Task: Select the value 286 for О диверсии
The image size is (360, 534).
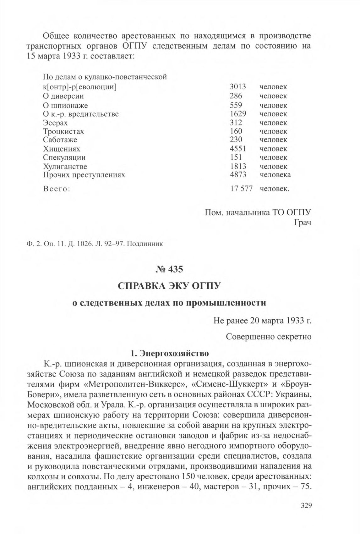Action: pyautogui.click(x=236, y=96)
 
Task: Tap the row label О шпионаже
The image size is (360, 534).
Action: pyautogui.click(x=65, y=105)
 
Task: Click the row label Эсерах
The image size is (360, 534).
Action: pyautogui.click(x=55, y=123)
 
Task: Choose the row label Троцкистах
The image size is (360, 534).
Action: pyautogui.click(x=63, y=131)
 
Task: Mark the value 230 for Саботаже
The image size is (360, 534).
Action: pyautogui.click(x=236, y=140)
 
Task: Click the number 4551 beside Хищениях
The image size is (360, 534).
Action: pyautogui.click(x=238, y=149)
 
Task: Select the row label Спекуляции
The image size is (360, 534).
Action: pyautogui.click(x=64, y=157)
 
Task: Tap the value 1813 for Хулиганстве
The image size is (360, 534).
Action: pyautogui.click(x=238, y=166)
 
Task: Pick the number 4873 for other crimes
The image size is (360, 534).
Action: pyautogui.click(x=238, y=175)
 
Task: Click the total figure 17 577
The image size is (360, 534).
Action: pyautogui.click(x=241, y=189)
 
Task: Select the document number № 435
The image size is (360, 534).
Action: pyautogui.click(x=169, y=269)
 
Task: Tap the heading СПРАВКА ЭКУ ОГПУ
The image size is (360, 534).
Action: pyautogui.click(x=169, y=286)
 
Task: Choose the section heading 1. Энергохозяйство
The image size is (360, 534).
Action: pyautogui.click(x=169, y=353)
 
